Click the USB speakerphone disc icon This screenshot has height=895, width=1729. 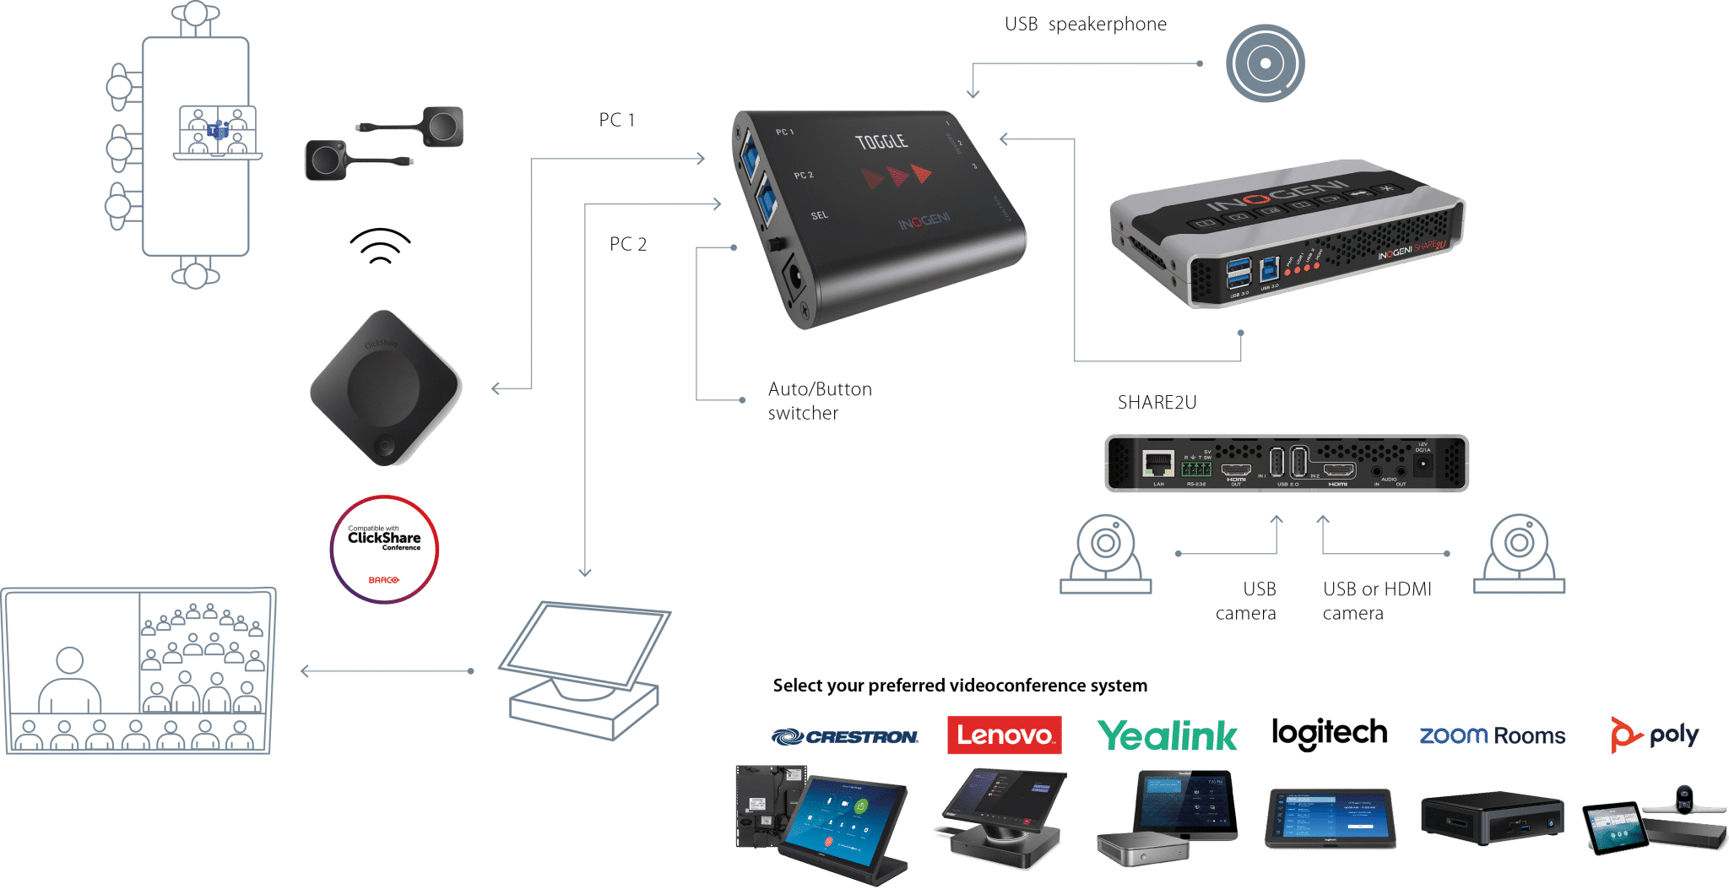pos(1265,63)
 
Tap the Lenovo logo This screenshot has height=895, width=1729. pos(1004,735)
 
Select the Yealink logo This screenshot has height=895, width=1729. pos(1168,735)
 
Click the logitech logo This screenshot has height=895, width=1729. pos(1329,733)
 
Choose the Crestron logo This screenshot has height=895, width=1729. pos(844,737)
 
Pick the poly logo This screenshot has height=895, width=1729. pos(1654,735)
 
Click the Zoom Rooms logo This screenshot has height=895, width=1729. pos(1492,735)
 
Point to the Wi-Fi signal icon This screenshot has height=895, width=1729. pos(380,246)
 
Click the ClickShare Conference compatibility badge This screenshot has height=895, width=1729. pos(385,549)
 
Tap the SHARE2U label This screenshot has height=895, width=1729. pos(1157,403)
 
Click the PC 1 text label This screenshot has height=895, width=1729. pos(616,120)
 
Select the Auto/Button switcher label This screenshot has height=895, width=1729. pos(819,401)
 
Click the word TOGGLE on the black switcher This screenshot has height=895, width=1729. pos(881,142)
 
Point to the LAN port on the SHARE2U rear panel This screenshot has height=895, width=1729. pos(1157,463)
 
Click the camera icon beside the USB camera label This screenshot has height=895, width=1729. pos(1106,554)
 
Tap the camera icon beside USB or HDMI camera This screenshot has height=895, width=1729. pos(1519,554)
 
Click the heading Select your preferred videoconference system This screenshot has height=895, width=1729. pos(960,685)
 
